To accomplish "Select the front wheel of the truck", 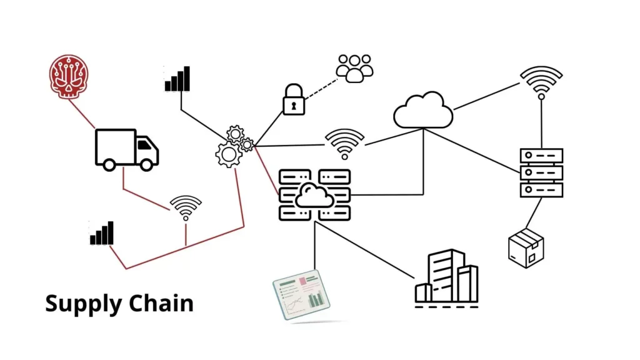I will pos(148,164).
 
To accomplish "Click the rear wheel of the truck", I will pos(109,164).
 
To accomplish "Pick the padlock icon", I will pos(294,100).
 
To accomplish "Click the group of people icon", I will pos(354,67).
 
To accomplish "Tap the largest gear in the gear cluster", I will pos(228,154).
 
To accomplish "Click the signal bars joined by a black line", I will pos(177,79).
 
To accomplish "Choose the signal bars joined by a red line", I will pos(102,233).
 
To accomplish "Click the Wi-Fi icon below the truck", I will pos(186,207).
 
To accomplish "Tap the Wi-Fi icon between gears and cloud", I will pos(344,143).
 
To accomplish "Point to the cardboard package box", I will pos(526,248).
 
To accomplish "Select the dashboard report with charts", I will pos(302,294).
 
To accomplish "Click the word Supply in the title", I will pos(84,304).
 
